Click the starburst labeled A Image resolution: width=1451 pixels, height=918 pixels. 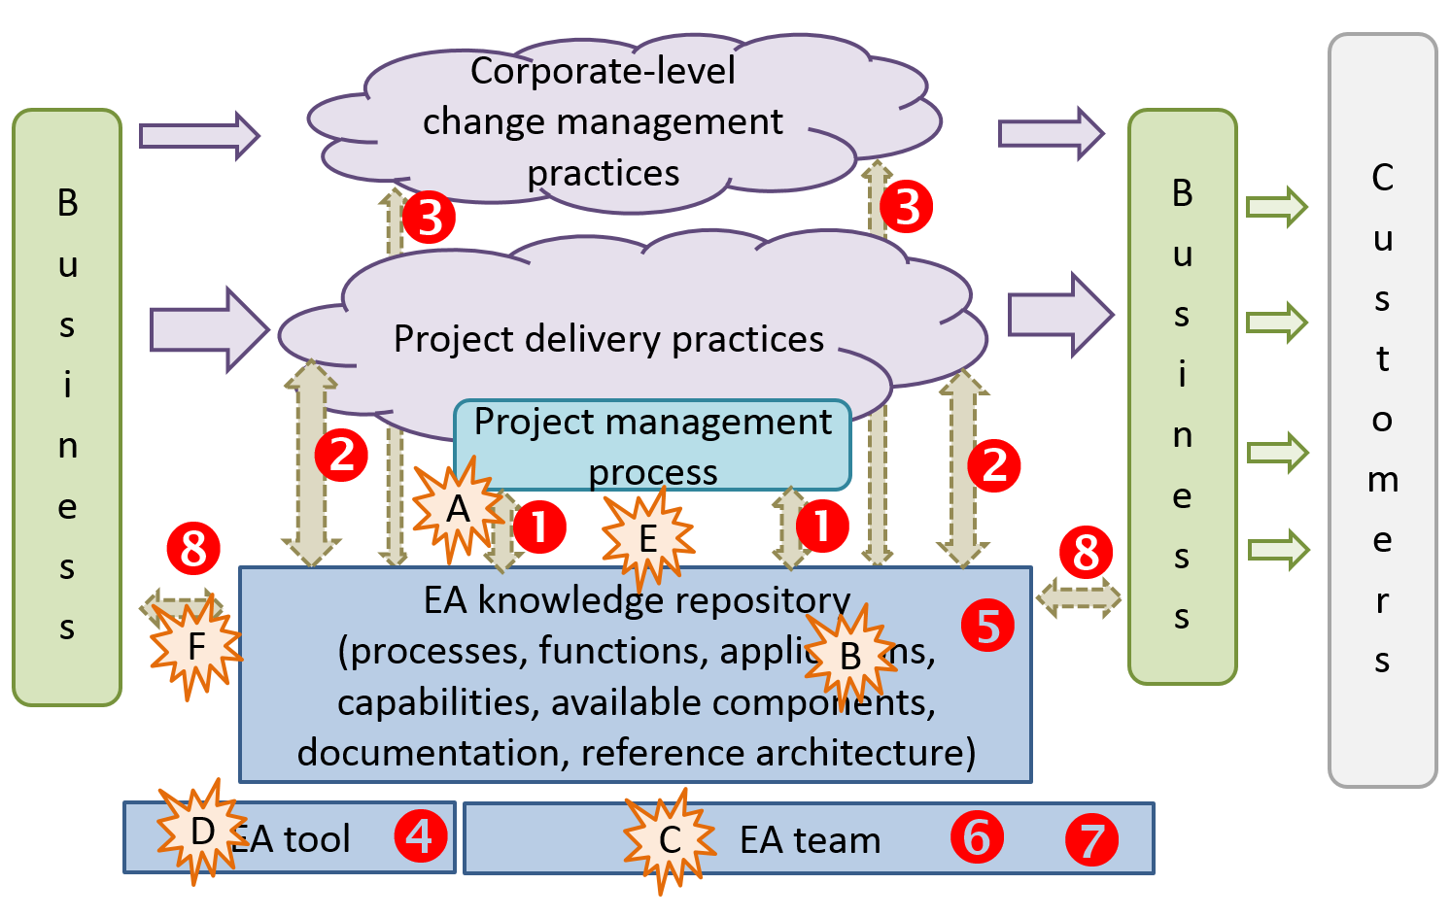point(457,509)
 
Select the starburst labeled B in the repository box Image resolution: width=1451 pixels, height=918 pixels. point(849,656)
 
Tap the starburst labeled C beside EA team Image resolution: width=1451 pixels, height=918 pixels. point(670,839)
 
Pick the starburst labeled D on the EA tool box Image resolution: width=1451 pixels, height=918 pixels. point(202,832)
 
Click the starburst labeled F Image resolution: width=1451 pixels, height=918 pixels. point(196,646)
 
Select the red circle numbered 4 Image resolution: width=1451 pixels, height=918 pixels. point(420,835)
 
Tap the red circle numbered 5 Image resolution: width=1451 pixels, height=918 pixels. point(987,626)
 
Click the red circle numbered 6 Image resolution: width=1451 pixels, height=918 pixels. point(977,836)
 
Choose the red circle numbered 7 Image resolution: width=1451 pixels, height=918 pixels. point(1091,840)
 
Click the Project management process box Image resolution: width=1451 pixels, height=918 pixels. point(652,445)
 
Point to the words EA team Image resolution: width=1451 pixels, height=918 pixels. point(810,840)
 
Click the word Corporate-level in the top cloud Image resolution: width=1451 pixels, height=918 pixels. point(603,71)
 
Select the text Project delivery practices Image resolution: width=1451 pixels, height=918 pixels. point(608,339)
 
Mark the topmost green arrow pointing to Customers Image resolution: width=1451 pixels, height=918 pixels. point(1277,207)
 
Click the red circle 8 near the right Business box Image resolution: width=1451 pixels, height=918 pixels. point(1085,553)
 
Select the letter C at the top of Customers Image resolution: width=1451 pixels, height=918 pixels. point(1382,178)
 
